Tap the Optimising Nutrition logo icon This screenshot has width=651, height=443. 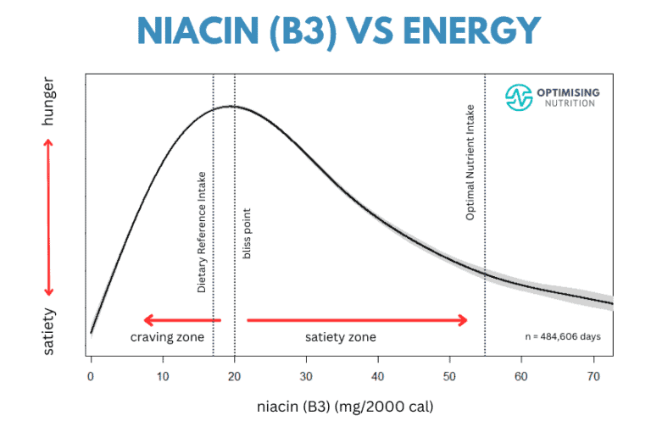click(x=518, y=97)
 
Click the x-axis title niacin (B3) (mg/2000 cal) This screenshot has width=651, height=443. click(x=345, y=407)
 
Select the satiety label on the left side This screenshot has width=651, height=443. click(x=47, y=330)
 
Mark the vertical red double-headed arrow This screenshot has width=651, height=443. click(x=48, y=216)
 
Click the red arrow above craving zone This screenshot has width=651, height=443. click(x=181, y=319)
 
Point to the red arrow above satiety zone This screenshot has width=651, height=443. click(x=357, y=319)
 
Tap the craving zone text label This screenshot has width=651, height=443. click(x=167, y=337)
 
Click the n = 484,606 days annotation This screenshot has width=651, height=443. click(x=564, y=336)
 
